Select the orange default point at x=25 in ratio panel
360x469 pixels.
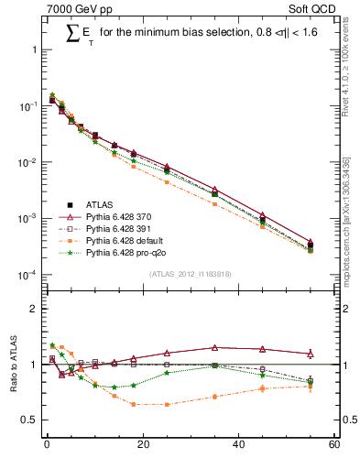(x=167, y=404)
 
